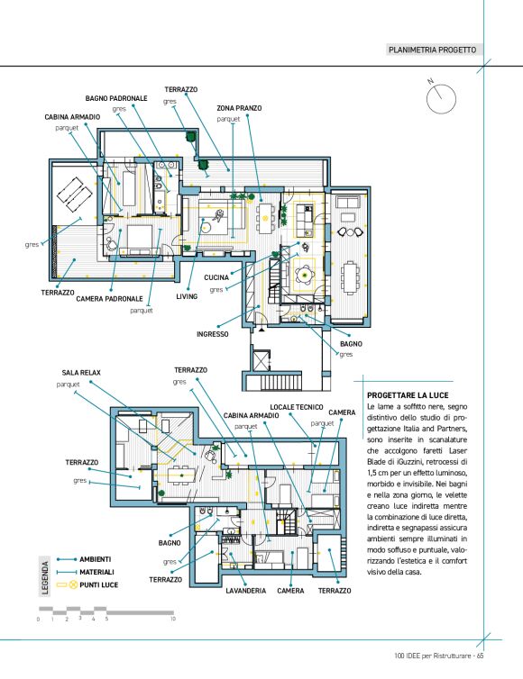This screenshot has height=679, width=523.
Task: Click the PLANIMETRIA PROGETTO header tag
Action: pos(432,50)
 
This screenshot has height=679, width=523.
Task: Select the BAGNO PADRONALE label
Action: pos(116,98)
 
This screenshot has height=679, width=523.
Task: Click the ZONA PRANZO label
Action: pos(239,108)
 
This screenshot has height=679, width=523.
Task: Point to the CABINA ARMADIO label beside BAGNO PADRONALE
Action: pos(72,117)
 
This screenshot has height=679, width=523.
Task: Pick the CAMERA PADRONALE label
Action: pos(109,299)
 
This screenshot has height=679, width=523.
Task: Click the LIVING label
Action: pos(187,296)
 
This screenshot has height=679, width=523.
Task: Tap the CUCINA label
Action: pos(216,277)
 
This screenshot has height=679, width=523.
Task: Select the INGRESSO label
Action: pos(213,334)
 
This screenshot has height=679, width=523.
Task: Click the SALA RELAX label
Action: pos(81,373)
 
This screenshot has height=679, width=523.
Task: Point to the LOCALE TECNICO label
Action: pos(297,407)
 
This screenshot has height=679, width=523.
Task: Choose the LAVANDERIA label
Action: pos(245,591)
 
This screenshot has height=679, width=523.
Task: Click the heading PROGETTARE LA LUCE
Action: pos(408,395)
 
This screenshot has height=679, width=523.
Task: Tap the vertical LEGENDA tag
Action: pos(45,577)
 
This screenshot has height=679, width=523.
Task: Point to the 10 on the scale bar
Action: pos(173,619)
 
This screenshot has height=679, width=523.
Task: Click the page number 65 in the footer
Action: pos(480,656)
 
